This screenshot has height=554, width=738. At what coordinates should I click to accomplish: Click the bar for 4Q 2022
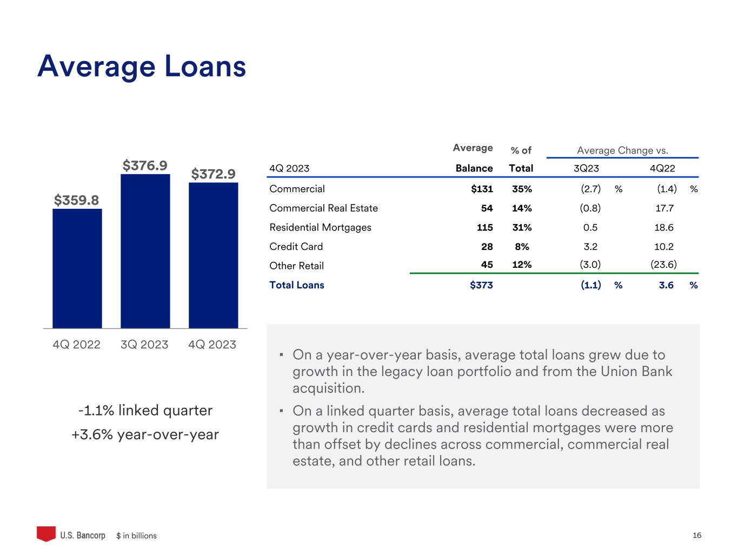pos(77,268)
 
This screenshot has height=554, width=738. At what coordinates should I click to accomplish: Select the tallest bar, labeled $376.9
pos(145,251)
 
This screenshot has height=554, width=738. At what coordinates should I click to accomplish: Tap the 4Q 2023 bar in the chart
pos(214,255)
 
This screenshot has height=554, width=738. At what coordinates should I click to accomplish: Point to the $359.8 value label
pos(76,200)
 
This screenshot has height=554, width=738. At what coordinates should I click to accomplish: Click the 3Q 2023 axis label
pos(144,345)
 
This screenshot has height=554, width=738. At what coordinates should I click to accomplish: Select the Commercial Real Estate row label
pos(323,208)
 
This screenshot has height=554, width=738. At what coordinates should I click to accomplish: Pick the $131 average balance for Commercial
pos(482,189)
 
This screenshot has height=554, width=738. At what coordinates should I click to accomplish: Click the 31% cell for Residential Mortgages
pos(522,227)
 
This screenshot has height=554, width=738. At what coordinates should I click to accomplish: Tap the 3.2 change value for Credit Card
pos(590,247)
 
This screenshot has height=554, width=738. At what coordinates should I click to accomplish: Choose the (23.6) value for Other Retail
pos(663,265)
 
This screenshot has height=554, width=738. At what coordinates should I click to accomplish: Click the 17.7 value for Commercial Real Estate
pos(664,208)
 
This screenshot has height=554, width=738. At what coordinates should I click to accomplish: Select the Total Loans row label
pos(296,285)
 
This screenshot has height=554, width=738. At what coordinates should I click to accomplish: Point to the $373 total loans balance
pos(482,285)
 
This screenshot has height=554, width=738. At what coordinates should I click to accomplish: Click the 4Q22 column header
pos(662,168)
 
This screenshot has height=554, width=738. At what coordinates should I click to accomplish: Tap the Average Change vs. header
pos(622,150)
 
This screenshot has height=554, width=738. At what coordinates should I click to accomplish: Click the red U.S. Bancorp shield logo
pos(46,533)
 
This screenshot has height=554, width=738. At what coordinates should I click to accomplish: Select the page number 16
pos(697,535)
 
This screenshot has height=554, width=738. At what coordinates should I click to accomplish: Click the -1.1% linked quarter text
pos(145,411)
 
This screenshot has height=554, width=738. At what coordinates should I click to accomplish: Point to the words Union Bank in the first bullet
pos(636,371)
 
